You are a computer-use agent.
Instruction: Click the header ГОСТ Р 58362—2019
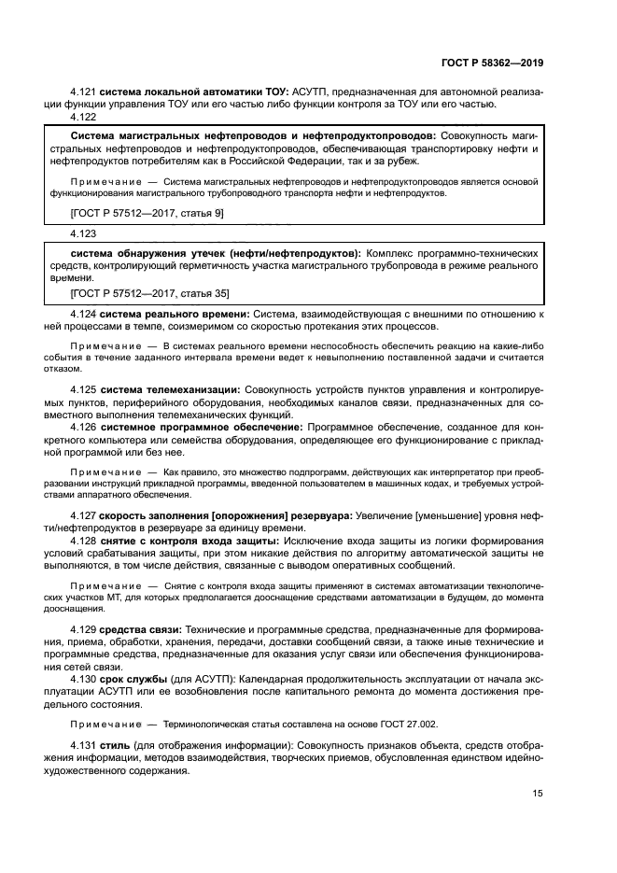point(491,63)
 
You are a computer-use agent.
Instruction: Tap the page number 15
point(538,794)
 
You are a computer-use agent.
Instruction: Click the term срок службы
point(134,680)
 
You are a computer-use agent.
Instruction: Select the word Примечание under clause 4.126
point(104,473)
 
